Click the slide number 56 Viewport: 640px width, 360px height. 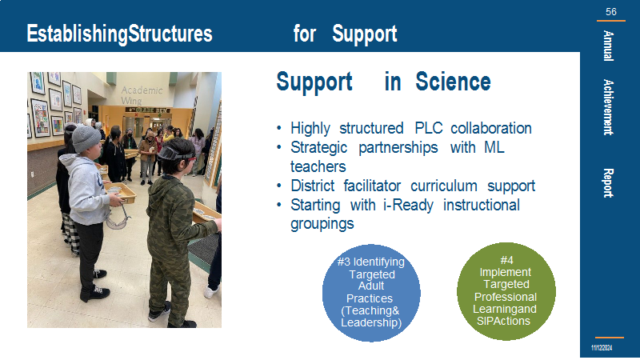tap(611, 12)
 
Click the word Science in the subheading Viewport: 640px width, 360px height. tap(453, 82)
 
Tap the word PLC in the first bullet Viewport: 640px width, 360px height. tap(429, 128)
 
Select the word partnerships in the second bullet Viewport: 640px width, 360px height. tap(398, 148)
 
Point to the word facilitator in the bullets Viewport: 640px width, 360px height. tap(372, 186)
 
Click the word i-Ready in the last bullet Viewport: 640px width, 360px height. tap(408, 206)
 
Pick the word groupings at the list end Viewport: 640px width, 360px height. tap(322, 224)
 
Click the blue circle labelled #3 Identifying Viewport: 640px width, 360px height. tap(371, 293)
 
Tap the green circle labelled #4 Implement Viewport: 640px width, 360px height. tap(506, 291)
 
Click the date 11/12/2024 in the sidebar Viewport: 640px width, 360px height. tap(602, 348)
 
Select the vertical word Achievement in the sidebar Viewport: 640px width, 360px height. tap(608, 107)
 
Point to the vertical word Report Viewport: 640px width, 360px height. tap(608, 183)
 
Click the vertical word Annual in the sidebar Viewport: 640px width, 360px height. tap(608, 46)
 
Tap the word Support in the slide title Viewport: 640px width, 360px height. tap(365, 34)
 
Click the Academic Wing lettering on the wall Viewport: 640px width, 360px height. tap(142, 95)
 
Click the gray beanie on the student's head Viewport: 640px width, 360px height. tap(86, 138)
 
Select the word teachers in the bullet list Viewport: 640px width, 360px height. tap(318, 166)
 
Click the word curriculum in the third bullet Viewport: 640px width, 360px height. tap(444, 186)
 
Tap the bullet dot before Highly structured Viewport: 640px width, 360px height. tap(279, 129)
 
